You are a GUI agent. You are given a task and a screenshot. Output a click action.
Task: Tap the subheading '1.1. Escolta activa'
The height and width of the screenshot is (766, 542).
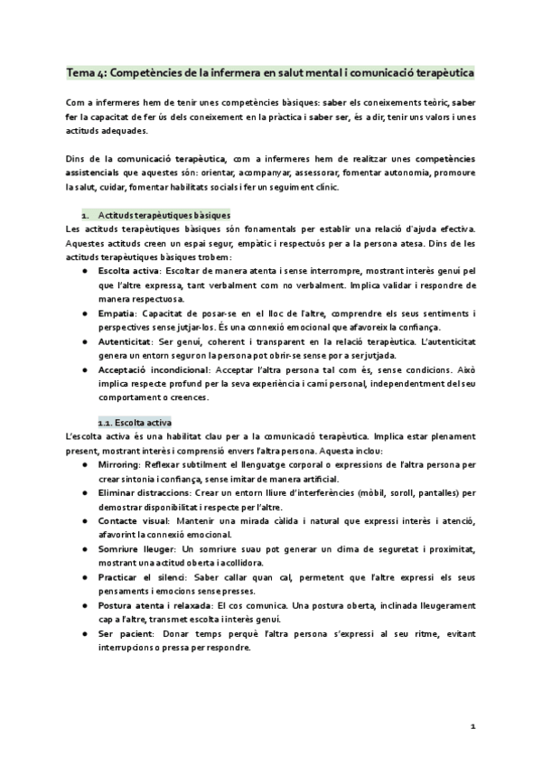pyautogui.click(x=140, y=423)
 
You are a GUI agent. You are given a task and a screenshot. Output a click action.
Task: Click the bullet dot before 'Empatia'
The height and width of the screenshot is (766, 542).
pyautogui.click(x=84, y=313)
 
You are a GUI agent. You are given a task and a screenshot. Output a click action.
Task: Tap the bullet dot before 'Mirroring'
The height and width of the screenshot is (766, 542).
pyautogui.click(x=84, y=464)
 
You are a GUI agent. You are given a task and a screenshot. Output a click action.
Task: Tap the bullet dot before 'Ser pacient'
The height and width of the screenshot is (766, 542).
pyautogui.click(x=84, y=635)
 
